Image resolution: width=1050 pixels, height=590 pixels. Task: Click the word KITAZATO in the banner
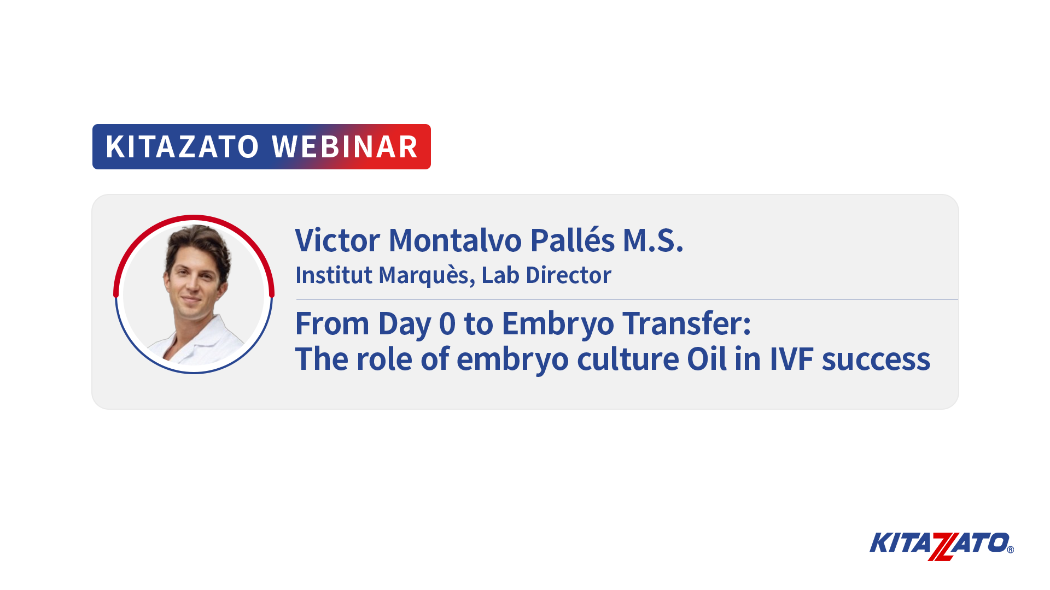click(x=182, y=147)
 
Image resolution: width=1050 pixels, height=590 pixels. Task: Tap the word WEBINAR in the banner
click(x=345, y=147)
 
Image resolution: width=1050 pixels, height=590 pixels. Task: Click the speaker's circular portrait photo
click(x=194, y=294)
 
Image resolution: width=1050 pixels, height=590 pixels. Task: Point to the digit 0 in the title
click(x=447, y=323)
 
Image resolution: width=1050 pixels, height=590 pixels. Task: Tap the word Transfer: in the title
click(x=687, y=323)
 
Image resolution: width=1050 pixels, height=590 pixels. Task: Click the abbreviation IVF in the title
click(x=791, y=359)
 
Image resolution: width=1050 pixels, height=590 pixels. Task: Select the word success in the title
click(x=876, y=361)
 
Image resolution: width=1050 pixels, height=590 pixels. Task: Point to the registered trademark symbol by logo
click(x=1010, y=550)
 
